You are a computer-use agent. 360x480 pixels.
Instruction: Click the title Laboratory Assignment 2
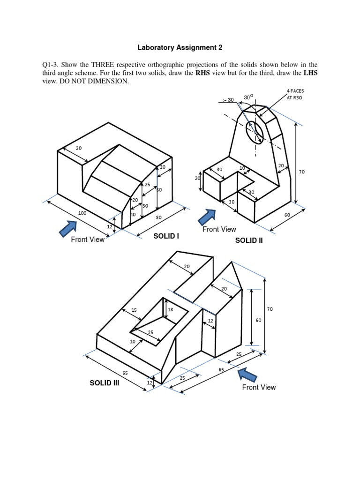click(180, 47)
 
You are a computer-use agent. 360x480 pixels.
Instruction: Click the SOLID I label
click(166, 236)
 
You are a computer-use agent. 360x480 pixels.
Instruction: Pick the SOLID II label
click(249, 240)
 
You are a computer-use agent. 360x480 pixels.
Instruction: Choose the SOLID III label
click(105, 383)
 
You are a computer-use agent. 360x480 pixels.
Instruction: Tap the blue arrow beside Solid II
click(207, 217)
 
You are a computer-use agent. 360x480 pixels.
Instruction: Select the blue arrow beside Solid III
click(248, 375)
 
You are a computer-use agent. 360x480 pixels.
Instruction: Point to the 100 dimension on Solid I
click(82, 213)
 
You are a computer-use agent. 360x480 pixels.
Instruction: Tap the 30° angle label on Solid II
click(248, 97)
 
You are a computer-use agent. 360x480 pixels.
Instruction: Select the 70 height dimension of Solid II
click(301, 172)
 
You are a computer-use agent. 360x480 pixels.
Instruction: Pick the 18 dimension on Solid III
click(170, 310)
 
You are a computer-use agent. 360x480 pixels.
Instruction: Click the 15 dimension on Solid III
click(134, 310)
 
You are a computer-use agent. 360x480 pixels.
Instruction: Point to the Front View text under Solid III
click(259, 387)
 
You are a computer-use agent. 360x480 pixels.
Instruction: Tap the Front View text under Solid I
click(88, 240)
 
